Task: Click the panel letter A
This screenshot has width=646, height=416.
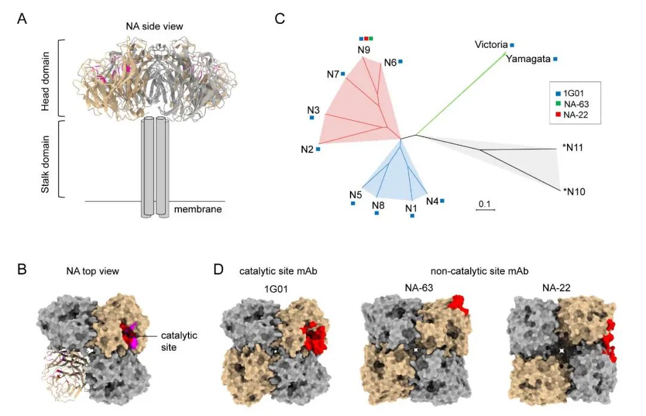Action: (x=22, y=19)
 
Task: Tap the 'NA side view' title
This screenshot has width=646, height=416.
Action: (x=154, y=26)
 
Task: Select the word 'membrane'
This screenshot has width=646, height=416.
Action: (x=198, y=209)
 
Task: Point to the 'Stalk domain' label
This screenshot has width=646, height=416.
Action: (x=45, y=164)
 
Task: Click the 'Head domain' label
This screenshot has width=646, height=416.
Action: (x=45, y=81)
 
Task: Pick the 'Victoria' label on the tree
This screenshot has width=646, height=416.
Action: (x=491, y=44)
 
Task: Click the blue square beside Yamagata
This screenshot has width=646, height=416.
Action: (x=555, y=59)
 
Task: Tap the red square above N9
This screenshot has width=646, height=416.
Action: (x=366, y=39)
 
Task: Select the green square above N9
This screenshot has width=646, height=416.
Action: (x=371, y=39)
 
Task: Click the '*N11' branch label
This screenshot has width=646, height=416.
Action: (x=572, y=148)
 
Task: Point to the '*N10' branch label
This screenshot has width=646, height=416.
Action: (x=574, y=191)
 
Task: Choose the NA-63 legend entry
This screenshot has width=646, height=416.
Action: (x=572, y=105)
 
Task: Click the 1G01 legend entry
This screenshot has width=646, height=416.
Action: (x=570, y=93)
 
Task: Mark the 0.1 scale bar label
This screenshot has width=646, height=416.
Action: (x=485, y=204)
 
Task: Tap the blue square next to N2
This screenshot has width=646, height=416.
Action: (x=318, y=149)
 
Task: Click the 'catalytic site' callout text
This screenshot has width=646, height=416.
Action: (x=179, y=341)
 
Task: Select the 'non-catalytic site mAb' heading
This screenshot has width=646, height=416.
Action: (x=480, y=271)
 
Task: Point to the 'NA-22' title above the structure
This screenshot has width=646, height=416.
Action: (x=556, y=288)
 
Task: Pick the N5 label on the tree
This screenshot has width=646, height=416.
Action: (x=355, y=194)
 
